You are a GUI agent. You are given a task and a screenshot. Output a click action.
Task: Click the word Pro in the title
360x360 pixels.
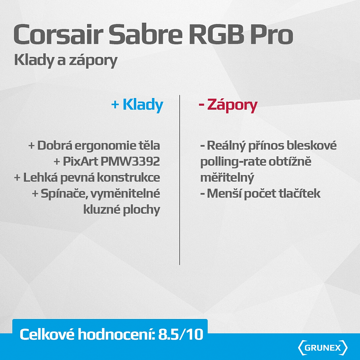pos(270,35)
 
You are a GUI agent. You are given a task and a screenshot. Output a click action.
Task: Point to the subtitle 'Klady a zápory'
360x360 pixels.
pos(66,60)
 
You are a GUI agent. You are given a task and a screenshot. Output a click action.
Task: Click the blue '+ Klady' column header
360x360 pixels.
pos(137,105)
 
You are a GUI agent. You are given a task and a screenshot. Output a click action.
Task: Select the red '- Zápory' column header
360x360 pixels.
pos(228,105)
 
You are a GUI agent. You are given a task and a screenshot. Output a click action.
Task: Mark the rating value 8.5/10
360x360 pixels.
pos(180,334)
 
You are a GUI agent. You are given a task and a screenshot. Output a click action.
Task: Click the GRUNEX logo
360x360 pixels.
pos(323,348)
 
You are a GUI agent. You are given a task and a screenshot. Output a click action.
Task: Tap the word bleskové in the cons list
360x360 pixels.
pos(313,146)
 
